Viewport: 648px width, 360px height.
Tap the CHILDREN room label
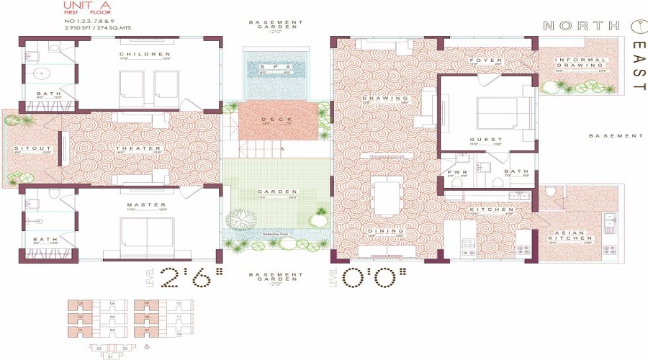(145, 54)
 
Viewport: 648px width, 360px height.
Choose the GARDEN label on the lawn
(276, 192)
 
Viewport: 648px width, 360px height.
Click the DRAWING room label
(375, 98)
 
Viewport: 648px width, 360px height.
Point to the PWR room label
(454, 172)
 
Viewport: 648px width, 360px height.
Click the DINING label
(379, 230)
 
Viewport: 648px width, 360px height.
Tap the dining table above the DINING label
(382, 196)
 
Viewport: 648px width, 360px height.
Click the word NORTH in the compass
(580, 26)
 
